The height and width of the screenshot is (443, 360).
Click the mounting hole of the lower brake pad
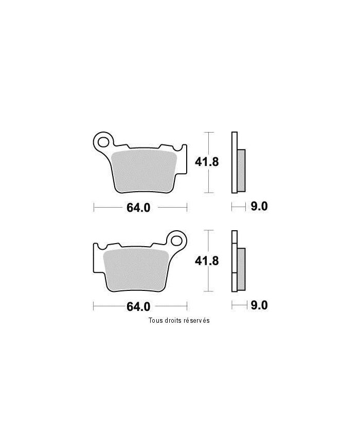point(177,239)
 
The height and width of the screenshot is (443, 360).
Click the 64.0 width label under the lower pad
point(138,307)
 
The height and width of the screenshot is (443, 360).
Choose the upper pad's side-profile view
point(237,163)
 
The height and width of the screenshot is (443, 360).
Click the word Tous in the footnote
point(156,320)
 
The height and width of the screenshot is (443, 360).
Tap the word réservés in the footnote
point(197,320)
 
